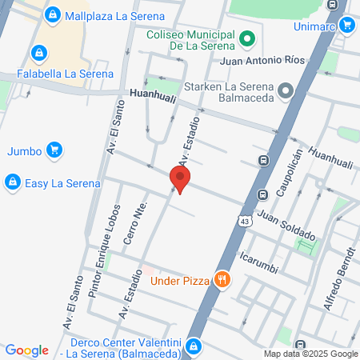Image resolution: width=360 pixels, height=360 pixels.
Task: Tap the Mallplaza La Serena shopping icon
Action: click(52, 14)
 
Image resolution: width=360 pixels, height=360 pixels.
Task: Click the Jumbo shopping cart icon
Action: click(54, 150)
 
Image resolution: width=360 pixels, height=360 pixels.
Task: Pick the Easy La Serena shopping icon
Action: click(12, 183)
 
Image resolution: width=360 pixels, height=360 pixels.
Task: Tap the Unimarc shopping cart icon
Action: click(346, 24)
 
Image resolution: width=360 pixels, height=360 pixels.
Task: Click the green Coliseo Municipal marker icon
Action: click(247, 38)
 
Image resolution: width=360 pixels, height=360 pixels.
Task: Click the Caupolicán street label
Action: click(290, 172)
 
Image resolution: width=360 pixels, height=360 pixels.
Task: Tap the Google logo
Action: click(26, 350)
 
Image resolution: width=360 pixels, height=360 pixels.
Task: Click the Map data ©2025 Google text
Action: click(311, 354)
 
